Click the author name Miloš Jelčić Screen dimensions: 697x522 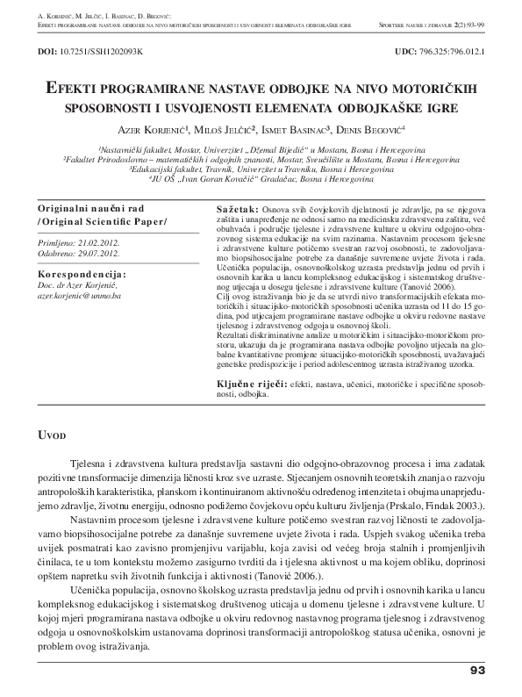[226, 130]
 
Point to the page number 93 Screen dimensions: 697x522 [477, 670]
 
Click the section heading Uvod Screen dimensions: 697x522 [52, 435]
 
